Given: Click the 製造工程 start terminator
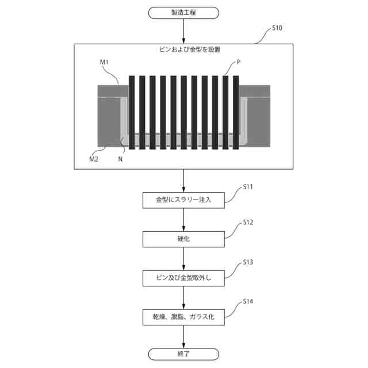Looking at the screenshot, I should pos(183,12).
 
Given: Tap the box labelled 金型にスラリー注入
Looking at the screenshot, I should pos(183,200).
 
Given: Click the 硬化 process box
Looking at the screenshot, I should pos(183,238).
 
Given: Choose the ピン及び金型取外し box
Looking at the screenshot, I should pos(183,278).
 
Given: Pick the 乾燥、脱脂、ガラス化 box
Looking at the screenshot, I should pos(183,316).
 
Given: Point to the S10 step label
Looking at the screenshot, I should pos(276,28).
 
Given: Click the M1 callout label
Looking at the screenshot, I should pos(105,62).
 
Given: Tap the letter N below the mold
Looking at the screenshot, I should pos(120,159).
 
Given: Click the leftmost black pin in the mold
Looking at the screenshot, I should pos(132,113).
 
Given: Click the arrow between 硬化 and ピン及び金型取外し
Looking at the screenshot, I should pos(183,258).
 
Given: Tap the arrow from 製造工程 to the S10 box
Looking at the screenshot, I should pos(183,31).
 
